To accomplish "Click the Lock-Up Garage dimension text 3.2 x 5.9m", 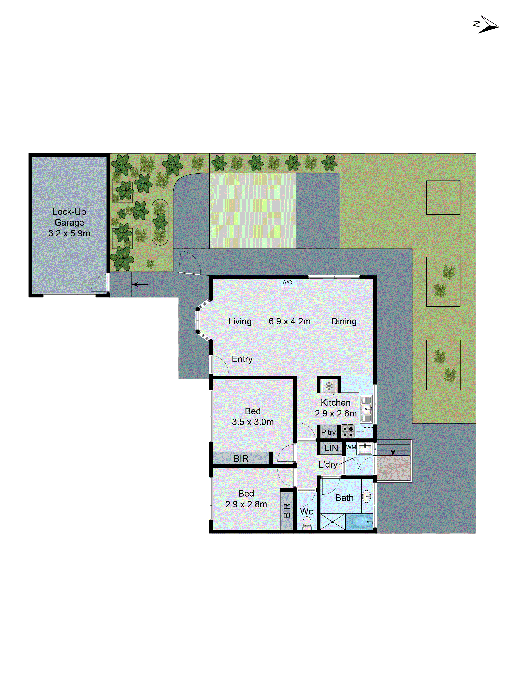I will click(x=69, y=233).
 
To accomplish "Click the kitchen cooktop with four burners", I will click(x=348, y=431).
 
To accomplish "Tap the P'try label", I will click(x=328, y=432).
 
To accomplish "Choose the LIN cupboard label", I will click(x=331, y=448).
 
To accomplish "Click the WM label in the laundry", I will click(x=351, y=447).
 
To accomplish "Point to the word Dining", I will click(x=344, y=321).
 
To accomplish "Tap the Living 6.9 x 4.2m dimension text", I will click(x=289, y=321).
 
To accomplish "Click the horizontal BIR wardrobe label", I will click(x=241, y=458).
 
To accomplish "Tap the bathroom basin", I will click(x=367, y=496).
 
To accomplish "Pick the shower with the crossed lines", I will click(x=332, y=522).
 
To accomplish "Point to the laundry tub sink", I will click(x=364, y=449).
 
